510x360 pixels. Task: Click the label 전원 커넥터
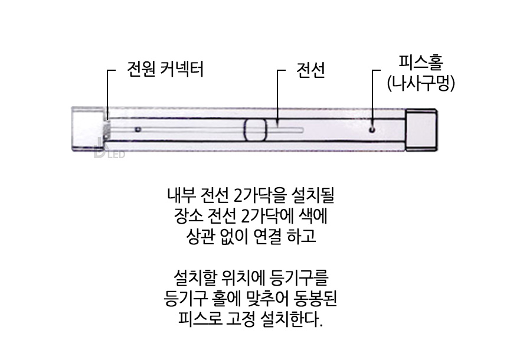pyautogui.click(x=165, y=70)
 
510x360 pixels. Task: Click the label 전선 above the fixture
pyautogui.click(x=310, y=70)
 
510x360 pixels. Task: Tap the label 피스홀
pyautogui.click(x=420, y=61)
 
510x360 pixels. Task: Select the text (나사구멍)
pyautogui.click(x=420, y=83)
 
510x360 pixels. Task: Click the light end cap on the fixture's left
pyautogui.click(x=87, y=129)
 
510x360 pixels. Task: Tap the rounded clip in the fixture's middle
pyautogui.click(x=255, y=129)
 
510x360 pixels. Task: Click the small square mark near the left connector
pyautogui.click(x=138, y=129)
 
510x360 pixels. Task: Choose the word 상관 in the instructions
pyautogui.click(x=200, y=238)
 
